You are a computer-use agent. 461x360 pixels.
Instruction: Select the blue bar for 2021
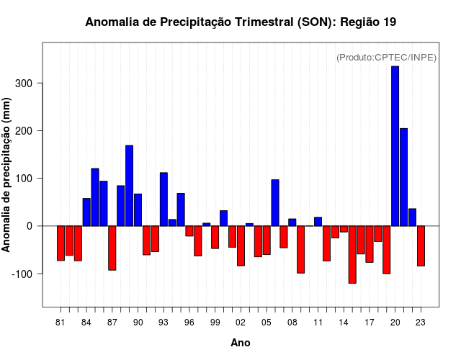(403, 177)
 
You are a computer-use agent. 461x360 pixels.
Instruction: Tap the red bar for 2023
(421, 246)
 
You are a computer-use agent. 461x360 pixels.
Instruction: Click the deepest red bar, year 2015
(352, 254)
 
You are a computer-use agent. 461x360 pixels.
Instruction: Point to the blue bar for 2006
(275, 202)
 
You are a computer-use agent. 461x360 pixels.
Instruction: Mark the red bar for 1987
(112, 248)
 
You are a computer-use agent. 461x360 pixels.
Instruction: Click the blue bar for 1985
(95, 197)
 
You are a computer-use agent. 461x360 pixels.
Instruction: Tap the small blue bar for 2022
(412, 217)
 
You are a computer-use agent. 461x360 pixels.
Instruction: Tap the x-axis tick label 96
(189, 323)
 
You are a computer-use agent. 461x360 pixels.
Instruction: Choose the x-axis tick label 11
(318, 323)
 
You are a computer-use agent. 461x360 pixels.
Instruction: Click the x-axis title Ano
(241, 343)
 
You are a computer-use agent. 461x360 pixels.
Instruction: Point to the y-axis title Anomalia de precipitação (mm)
(8, 174)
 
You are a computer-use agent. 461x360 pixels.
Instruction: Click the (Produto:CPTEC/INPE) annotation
(387, 58)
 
